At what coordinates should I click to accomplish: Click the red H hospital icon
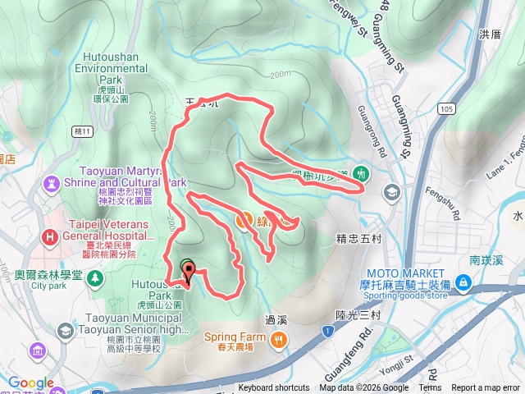51,238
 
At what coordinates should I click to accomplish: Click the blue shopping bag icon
463,282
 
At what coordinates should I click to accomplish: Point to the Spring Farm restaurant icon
280,337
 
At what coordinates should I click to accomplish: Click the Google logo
30,383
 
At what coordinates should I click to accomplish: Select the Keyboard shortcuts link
274,388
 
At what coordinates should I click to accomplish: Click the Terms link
430,388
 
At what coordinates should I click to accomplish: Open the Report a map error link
486,388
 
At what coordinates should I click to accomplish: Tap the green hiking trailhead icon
362,174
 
